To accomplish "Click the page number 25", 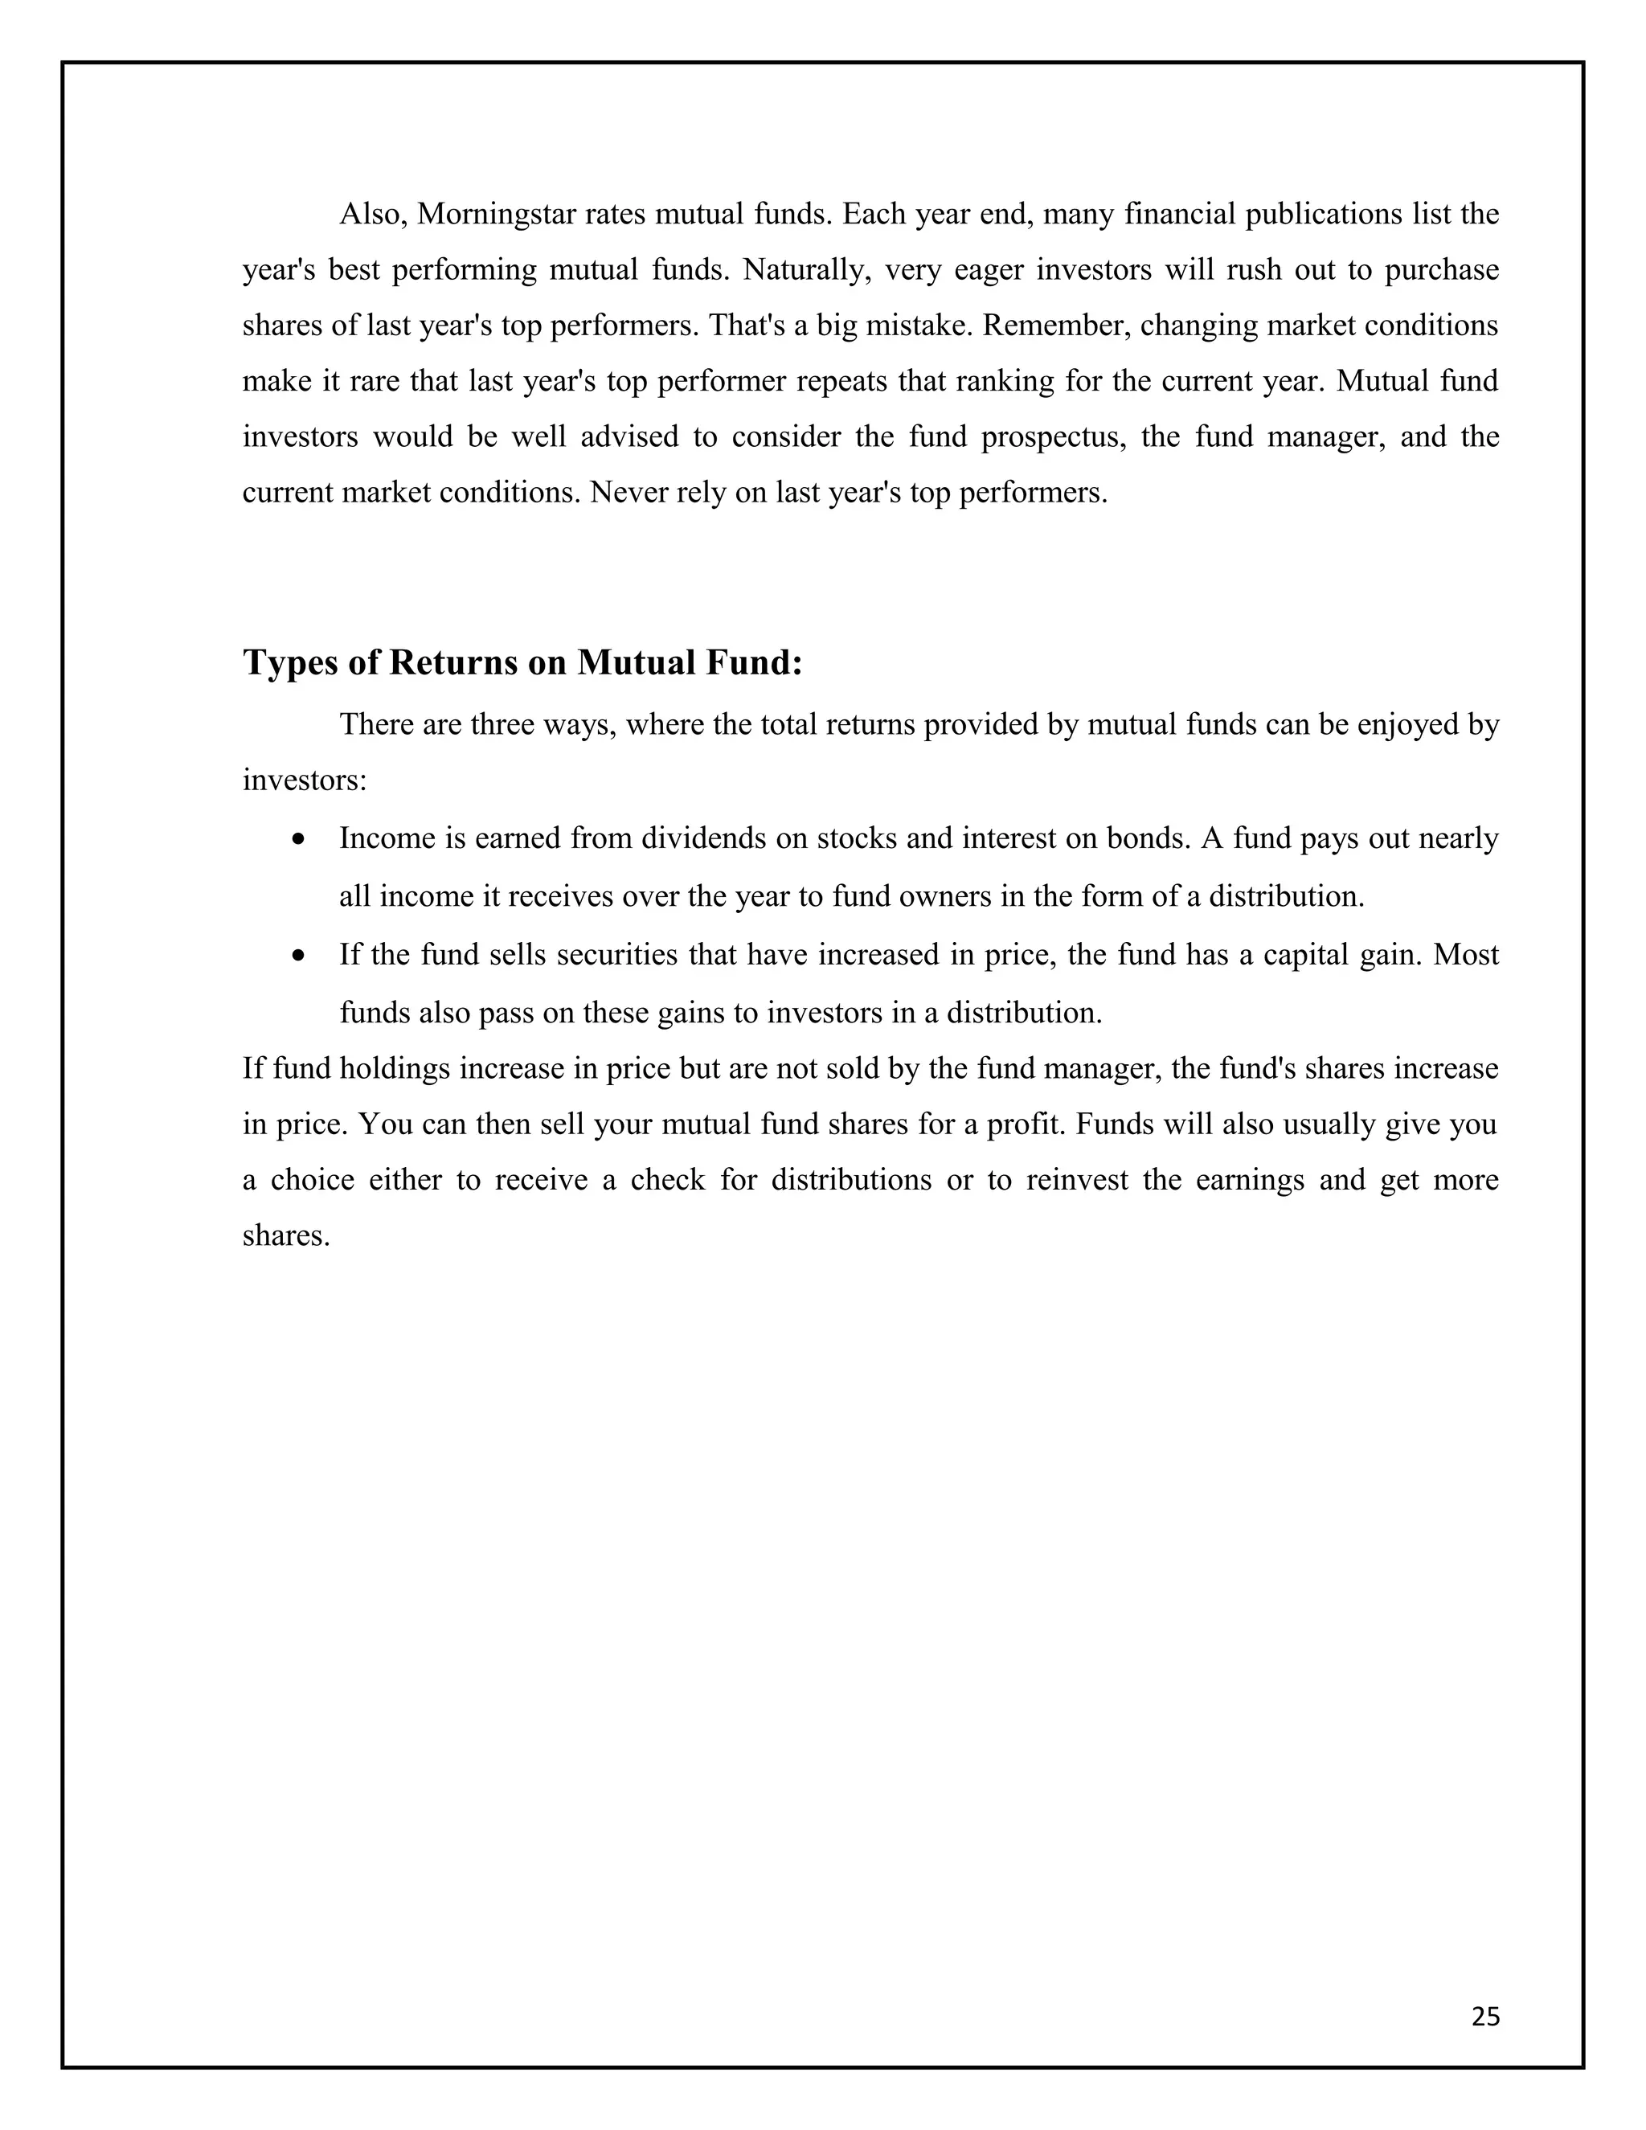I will click(x=1485, y=2017).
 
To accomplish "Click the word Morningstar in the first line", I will click(x=497, y=215).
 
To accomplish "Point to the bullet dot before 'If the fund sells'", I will click(x=299, y=956).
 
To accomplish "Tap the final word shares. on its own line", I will click(x=285, y=1235).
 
